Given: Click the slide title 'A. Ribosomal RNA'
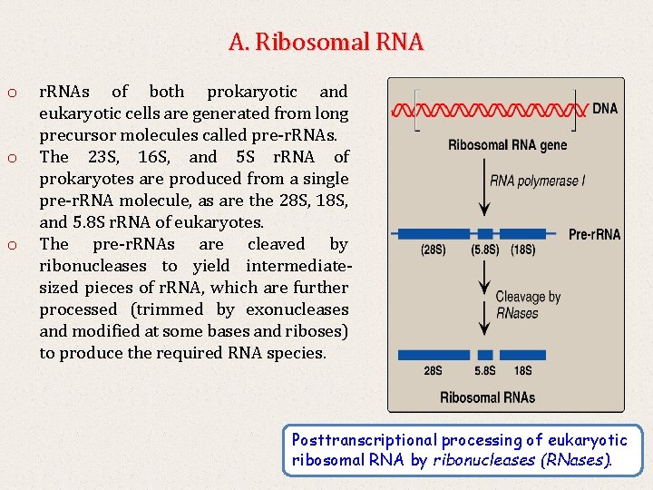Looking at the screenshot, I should coord(326,42).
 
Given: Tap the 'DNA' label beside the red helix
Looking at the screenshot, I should coord(605,108).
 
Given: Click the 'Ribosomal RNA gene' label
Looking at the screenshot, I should coord(507,145).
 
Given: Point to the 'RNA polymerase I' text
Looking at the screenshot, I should coord(537,181).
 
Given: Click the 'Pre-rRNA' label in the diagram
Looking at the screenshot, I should coord(594,234).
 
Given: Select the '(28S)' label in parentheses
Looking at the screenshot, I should coord(433,250).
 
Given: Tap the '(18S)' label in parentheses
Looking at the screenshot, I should coord(523,250).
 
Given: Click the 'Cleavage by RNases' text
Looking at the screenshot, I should coord(528,305).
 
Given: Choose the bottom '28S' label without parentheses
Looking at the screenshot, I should coord(434,370).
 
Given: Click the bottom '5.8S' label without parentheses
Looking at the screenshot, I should coord(485,370).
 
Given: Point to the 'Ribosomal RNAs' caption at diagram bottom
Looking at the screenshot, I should coord(487,397).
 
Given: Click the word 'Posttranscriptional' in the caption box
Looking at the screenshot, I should coord(363,440).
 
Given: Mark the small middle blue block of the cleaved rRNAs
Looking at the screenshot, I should coord(485,355).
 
